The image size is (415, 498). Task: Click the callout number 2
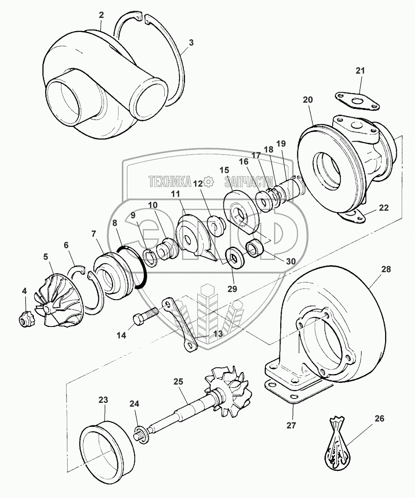(x=101, y=15)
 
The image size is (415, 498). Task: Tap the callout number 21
(x=360, y=71)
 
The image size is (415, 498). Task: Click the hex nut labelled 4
(x=25, y=320)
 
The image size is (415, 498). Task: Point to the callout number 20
(x=308, y=100)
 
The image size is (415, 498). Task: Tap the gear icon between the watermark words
(x=209, y=181)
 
